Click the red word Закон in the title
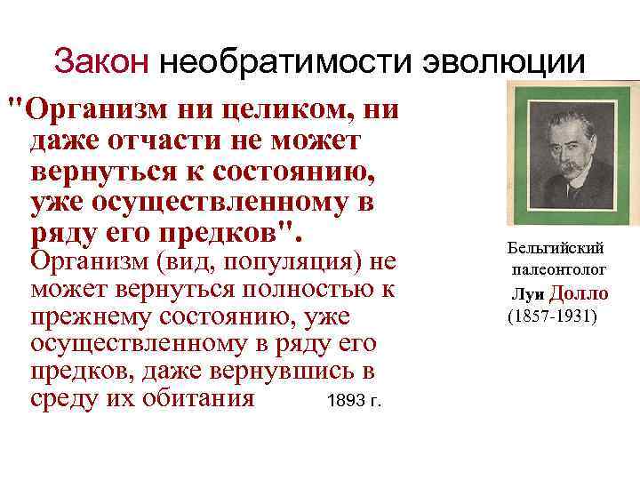tap(100, 62)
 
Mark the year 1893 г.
tap(354, 401)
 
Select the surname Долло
tap(579, 293)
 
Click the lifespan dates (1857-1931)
tap(552, 316)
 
